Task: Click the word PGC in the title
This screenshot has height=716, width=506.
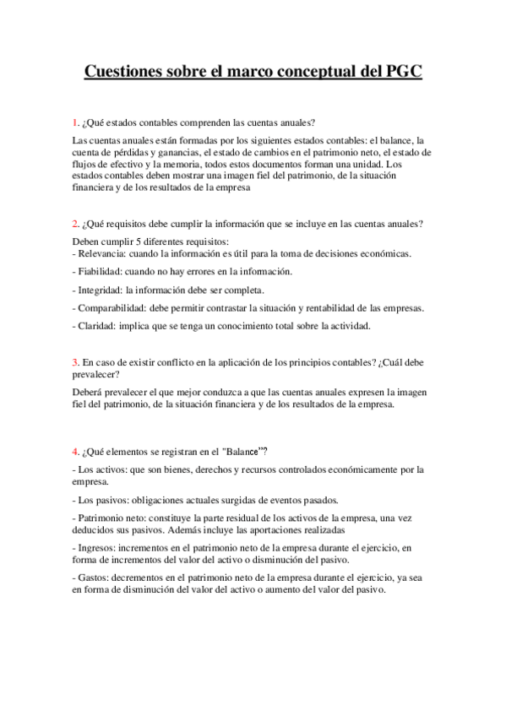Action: click(399, 72)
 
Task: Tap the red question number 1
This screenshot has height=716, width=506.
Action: click(74, 123)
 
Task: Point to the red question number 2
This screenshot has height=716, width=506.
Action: click(74, 224)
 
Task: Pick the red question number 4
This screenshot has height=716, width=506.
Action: click(74, 450)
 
